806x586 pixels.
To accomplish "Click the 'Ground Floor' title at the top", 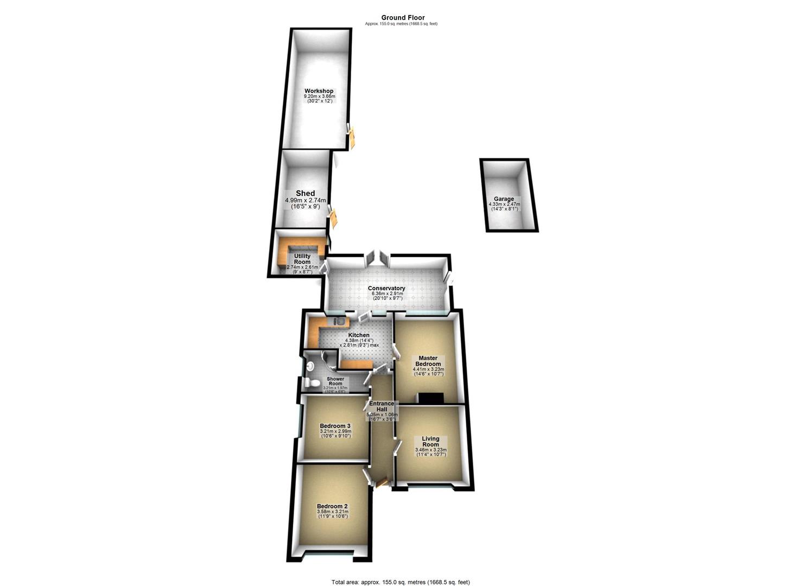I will pyautogui.click(x=403, y=17).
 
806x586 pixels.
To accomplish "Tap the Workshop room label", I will pyautogui.click(x=319, y=91).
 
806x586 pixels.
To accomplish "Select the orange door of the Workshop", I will pyautogui.click(x=352, y=137).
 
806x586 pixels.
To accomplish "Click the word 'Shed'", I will pyautogui.click(x=305, y=193).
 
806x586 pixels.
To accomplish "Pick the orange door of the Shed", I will pyautogui.click(x=334, y=218).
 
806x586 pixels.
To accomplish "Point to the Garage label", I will pyautogui.click(x=504, y=199).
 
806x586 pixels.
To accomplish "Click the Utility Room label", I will pyautogui.click(x=302, y=259).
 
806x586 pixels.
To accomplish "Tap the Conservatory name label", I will pyautogui.click(x=386, y=288).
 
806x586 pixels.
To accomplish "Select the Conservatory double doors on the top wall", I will pyautogui.click(x=377, y=258).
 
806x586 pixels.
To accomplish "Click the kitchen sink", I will pyautogui.click(x=338, y=321).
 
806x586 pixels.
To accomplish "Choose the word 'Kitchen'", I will pyautogui.click(x=359, y=335).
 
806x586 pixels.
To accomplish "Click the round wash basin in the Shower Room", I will pyautogui.click(x=310, y=367).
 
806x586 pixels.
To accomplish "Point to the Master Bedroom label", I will pyautogui.click(x=428, y=361).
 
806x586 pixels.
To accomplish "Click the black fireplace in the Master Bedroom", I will pyautogui.click(x=432, y=398).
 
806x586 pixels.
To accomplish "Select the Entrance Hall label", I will pyautogui.click(x=382, y=406).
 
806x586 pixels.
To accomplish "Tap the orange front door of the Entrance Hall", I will pyautogui.click(x=380, y=482).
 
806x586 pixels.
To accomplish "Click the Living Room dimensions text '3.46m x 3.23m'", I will pyautogui.click(x=430, y=450).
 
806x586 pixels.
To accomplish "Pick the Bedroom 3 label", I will pyautogui.click(x=335, y=426).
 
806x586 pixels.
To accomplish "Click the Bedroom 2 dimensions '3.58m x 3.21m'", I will pyautogui.click(x=332, y=512).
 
